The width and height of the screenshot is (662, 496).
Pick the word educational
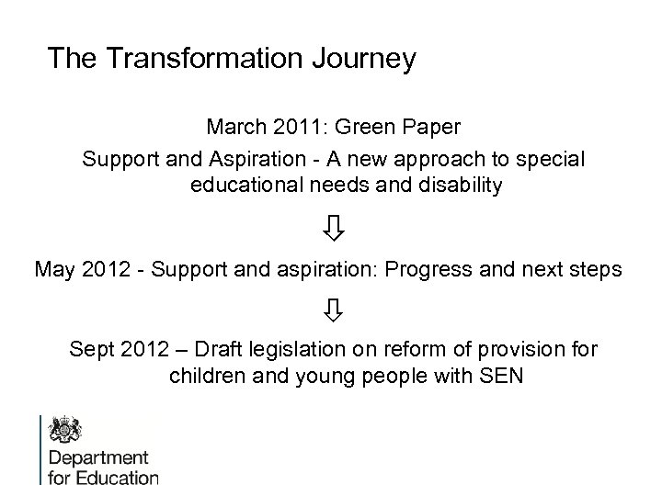click(x=250, y=186)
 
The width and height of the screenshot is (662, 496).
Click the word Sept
click(x=92, y=350)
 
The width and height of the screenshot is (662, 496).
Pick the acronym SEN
click(x=501, y=377)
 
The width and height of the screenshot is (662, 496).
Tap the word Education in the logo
click(x=116, y=477)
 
